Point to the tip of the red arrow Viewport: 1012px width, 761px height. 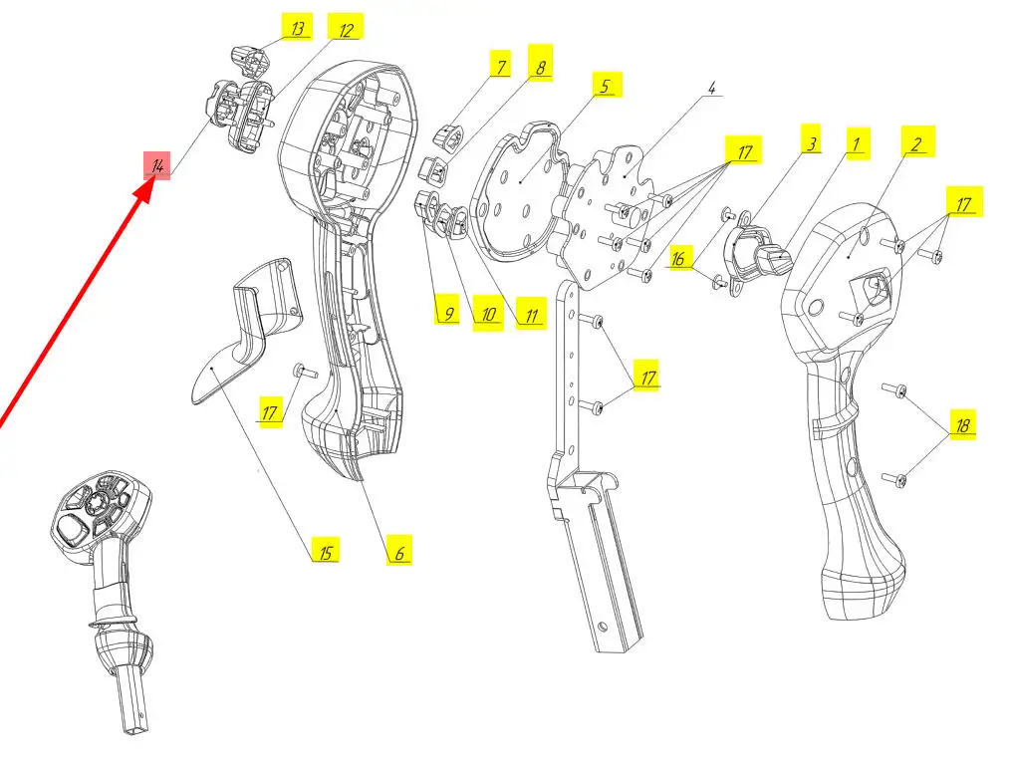[149, 182]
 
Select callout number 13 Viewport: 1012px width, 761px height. [296, 28]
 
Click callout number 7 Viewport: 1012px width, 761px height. [501, 68]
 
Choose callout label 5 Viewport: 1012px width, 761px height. [605, 86]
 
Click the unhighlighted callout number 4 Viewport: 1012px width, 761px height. [712, 88]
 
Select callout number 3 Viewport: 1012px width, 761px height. [812, 143]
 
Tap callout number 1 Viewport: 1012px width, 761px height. [854, 143]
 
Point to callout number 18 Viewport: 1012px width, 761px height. [962, 425]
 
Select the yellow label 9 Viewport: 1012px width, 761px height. [447, 313]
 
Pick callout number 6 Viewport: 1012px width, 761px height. [398, 551]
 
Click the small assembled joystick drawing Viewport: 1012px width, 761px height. [104, 588]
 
